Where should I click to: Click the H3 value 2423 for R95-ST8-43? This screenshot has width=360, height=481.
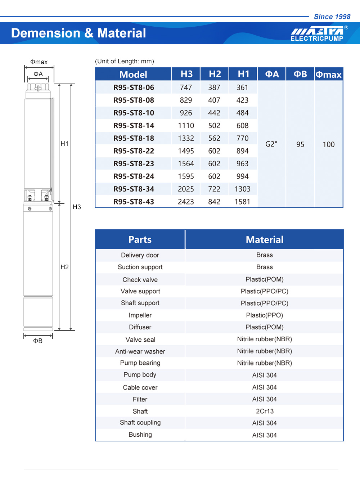(x=186, y=202)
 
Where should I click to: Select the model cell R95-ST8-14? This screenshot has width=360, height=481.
(x=134, y=126)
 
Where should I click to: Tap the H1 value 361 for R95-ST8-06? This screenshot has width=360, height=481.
(x=242, y=87)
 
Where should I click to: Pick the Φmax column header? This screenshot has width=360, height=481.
(x=328, y=75)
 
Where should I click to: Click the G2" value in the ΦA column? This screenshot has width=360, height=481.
(x=271, y=144)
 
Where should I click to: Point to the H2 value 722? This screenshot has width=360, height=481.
(x=214, y=189)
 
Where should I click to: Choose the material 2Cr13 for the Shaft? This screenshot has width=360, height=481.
(x=265, y=411)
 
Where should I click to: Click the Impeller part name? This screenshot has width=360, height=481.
(x=140, y=315)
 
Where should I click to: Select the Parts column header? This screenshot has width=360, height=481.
(x=140, y=240)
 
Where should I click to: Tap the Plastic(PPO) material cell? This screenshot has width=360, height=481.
(x=265, y=315)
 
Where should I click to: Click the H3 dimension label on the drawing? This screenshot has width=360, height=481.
(x=77, y=207)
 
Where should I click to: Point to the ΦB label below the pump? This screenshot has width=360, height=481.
(x=38, y=341)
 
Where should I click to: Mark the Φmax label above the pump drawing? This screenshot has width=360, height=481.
(x=39, y=62)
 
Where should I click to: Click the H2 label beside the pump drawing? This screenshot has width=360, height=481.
(x=64, y=267)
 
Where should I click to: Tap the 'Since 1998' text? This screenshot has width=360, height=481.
(x=332, y=17)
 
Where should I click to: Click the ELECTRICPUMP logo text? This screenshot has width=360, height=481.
(x=317, y=39)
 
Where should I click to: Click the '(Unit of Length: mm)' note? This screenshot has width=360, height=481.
(x=125, y=61)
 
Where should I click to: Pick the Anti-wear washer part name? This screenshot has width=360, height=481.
(x=140, y=351)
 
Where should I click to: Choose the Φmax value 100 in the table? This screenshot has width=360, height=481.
(x=328, y=144)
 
